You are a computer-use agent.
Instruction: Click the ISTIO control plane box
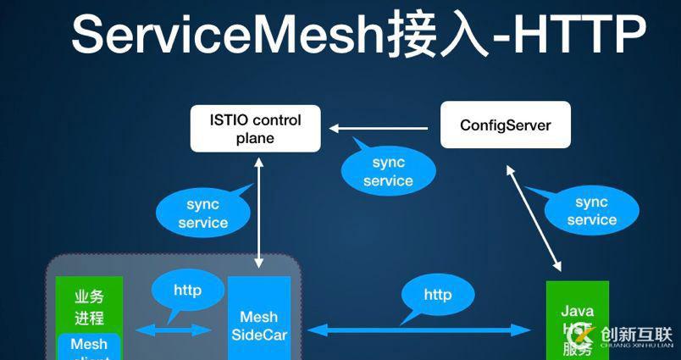(x=256, y=129)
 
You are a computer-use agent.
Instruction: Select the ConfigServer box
(x=505, y=125)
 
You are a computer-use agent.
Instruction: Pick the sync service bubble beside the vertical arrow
(x=202, y=213)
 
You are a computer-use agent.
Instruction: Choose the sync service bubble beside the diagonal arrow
(x=591, y=211)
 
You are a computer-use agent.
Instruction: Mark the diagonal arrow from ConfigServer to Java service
(x=533, y=216)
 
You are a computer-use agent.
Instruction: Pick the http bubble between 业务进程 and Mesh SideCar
(x=187, y=291)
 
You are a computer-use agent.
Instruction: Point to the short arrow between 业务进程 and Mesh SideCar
(x=174, y=330)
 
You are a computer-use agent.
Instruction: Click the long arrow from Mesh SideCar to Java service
(x=419, y=330)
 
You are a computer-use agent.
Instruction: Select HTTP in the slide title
(x=576, y=36)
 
